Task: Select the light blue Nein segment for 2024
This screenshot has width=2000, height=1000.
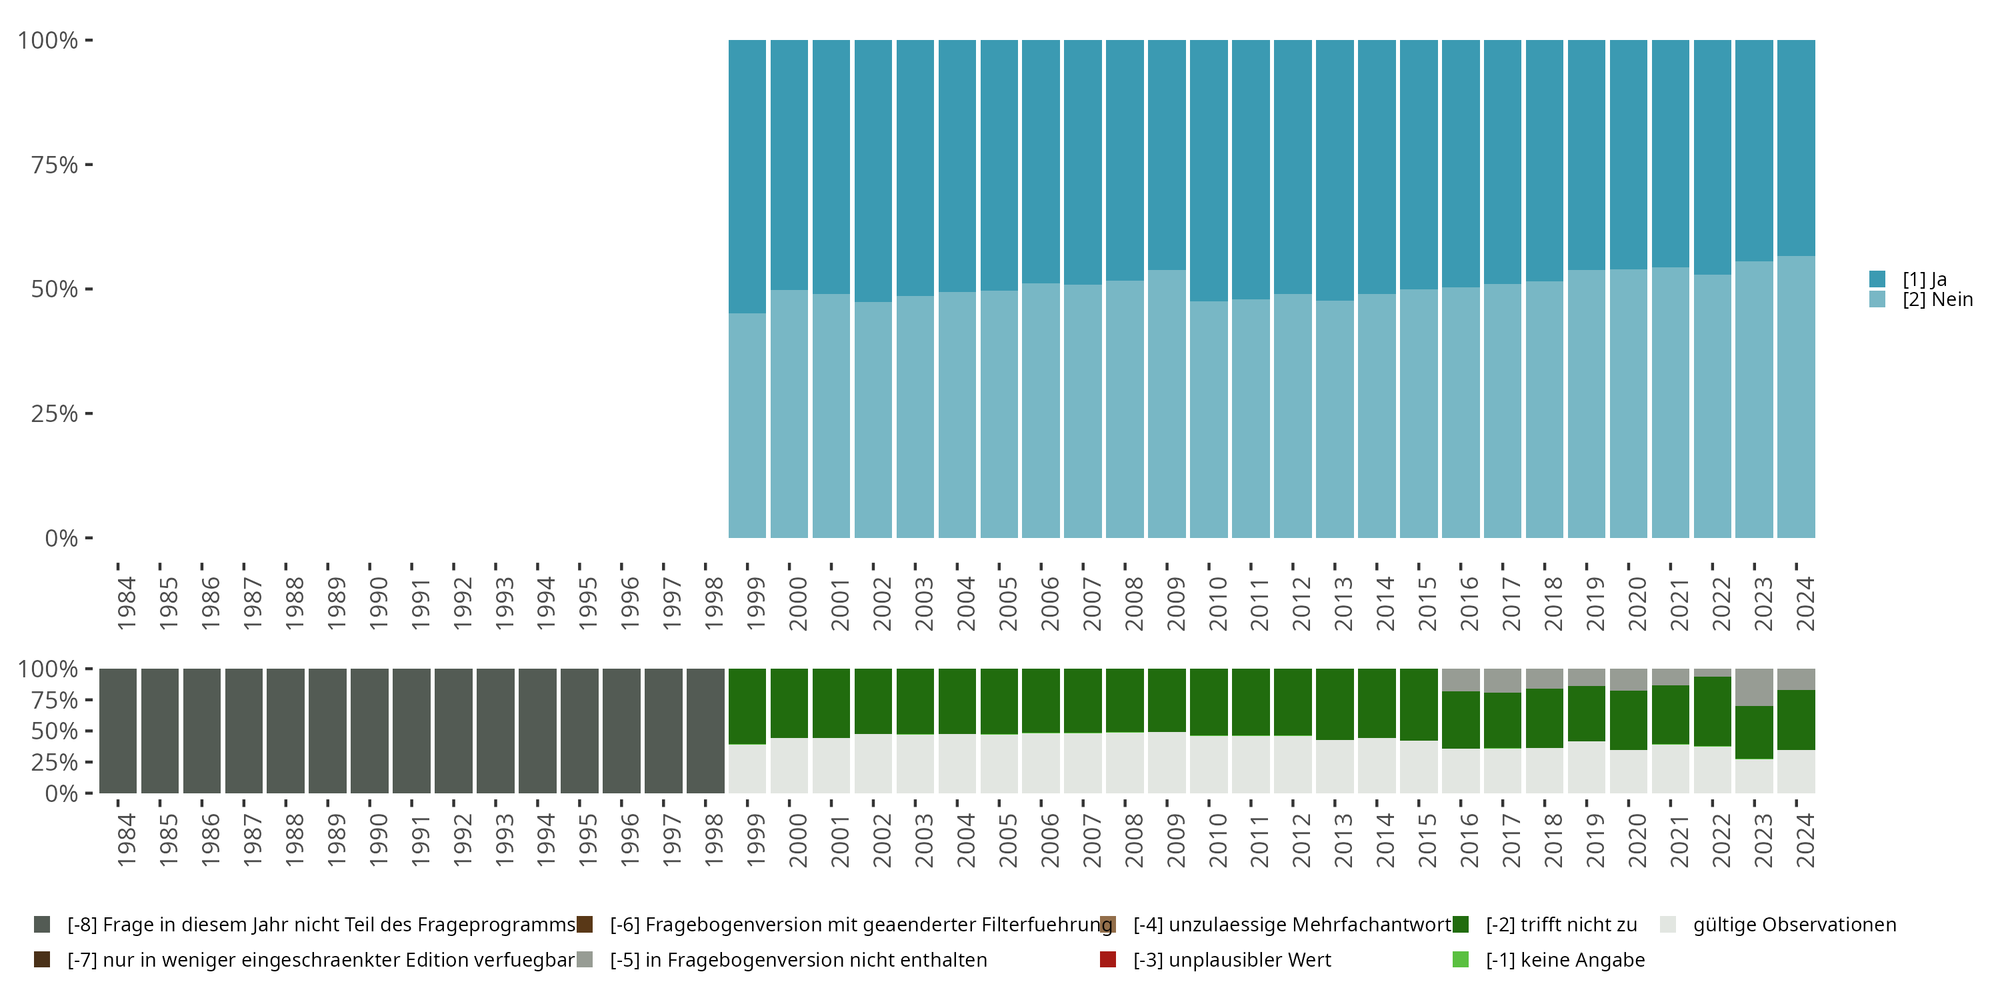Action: coord(1796,397)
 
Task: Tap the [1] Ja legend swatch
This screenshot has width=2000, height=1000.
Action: coord(1877,279)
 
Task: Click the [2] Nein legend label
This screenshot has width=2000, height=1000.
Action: coord(1937,300)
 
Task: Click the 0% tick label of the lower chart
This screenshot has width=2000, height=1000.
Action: coord(61,793)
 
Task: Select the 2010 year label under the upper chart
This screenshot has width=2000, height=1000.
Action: coord(1217,603)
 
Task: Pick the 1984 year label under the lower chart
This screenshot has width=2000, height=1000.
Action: coord(127,840)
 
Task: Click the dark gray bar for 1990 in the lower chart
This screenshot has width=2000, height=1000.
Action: coord(369,731)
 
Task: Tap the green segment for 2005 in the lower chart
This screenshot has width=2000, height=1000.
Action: coord(999,701)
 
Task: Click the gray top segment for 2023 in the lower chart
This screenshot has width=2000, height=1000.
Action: coord(1754,687)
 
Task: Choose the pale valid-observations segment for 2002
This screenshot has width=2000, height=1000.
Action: coord(873,763)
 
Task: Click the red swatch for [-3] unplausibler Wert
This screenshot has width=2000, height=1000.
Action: coord(1108,959)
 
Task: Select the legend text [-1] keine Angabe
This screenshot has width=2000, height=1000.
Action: coord(1565,959)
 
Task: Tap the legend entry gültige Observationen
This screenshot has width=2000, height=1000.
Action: coord(1794,925)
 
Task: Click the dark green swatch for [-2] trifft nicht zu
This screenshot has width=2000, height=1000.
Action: coord(1461,925)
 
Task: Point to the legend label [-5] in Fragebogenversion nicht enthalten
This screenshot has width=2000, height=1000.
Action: coord(798,959)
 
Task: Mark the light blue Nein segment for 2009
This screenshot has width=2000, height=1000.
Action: coord(1166,404)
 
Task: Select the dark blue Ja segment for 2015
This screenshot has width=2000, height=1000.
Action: coord(1419,165)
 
